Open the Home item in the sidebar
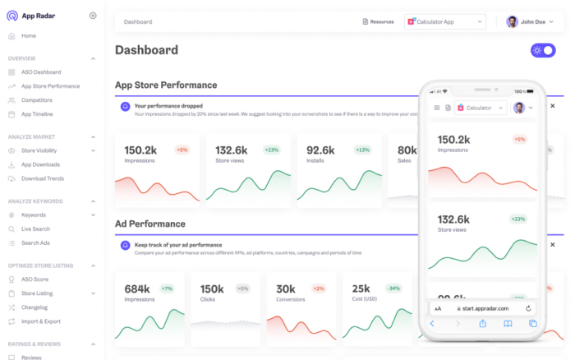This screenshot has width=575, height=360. pyautogui.click(x=29, y=36)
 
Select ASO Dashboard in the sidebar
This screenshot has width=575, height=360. pyautogui.click(x=41, y=72)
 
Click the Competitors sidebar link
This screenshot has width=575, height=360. pyautogui.click(x=36, y=99)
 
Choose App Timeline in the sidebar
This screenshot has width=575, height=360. pyautogui.click(x=37, y=113)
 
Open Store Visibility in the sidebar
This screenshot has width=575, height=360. pyautogui.click(x=39, y=150)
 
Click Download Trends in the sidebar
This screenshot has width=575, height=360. pyautogui.click(x=42, y=178)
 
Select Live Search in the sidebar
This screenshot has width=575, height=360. pyautogui.click(x=35, y=228)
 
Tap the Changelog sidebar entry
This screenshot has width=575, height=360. pyautogui.click(x=34, y=307)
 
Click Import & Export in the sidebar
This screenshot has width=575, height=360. pyautogui.click(x=41, y=321)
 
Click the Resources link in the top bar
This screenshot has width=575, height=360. pyautogui.click(x=378, y=22)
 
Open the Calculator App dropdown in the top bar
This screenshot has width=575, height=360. pyautogui.click(x=445, y=22)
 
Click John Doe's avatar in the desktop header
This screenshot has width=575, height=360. pyautogui.click(x=513, y=22)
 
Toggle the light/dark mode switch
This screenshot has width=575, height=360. pyautogui.click(x=543, y=50)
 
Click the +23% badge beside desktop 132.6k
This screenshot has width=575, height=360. pyautogui.click(x=272, y=150)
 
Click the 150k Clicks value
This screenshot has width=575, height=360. pyautogui.click(x=212, y=288)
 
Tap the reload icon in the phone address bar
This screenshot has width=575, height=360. pyautogui.click(x=528, y=308)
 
